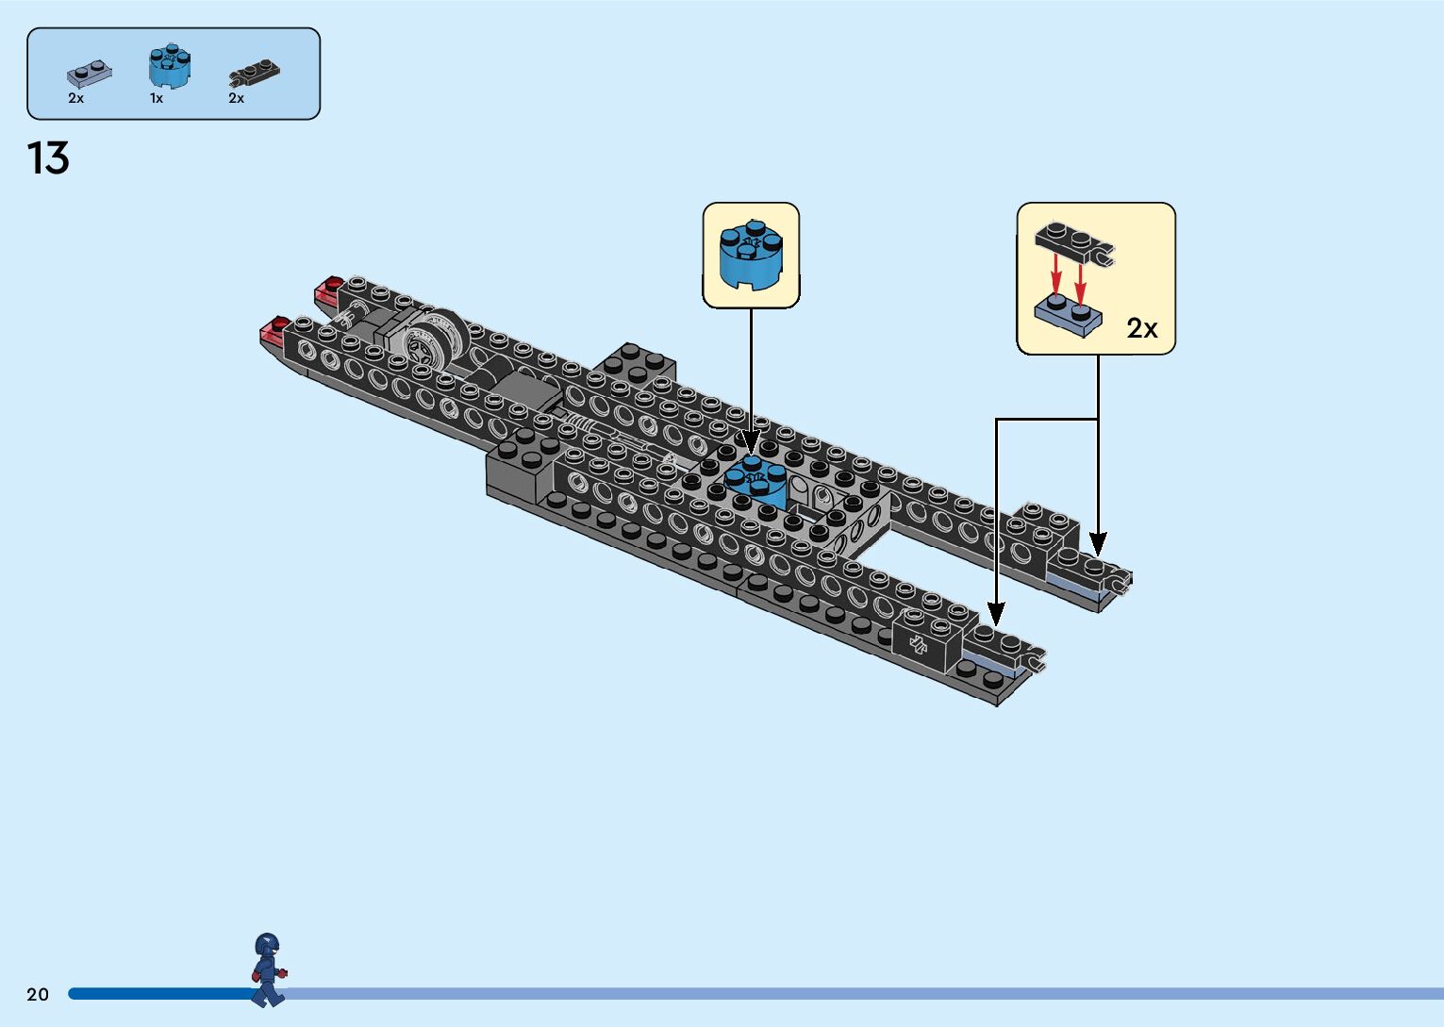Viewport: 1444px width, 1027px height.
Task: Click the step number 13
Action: (48, 158)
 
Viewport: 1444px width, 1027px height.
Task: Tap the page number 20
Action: (38, 994)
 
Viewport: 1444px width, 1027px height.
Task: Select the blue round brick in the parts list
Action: (170, 66)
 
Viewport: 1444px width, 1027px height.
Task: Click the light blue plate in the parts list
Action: (89, 73)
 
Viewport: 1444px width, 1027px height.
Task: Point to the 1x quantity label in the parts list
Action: (157, 98)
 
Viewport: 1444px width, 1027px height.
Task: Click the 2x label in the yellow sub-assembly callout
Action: (1141, 328)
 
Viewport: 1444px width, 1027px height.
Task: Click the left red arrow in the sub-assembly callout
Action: (1057, 277)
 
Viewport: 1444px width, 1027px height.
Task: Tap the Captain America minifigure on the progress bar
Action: (268, 969)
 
